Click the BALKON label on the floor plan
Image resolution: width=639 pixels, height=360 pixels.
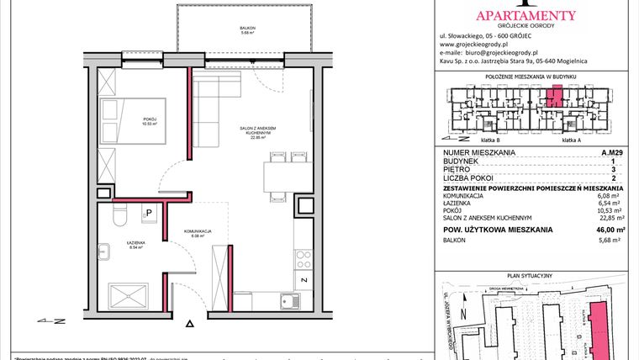(x=246, y=29)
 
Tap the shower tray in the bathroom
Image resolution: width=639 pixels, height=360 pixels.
(x=135, y=295)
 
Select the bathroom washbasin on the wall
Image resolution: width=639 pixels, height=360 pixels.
(x=104, y=251)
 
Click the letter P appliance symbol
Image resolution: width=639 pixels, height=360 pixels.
(x=148, y=214)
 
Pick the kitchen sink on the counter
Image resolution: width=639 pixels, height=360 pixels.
(x=290, y=300)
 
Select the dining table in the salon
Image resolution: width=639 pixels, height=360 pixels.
(x=279, y=177)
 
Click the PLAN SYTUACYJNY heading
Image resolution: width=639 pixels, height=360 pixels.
(x=535, y=275)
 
